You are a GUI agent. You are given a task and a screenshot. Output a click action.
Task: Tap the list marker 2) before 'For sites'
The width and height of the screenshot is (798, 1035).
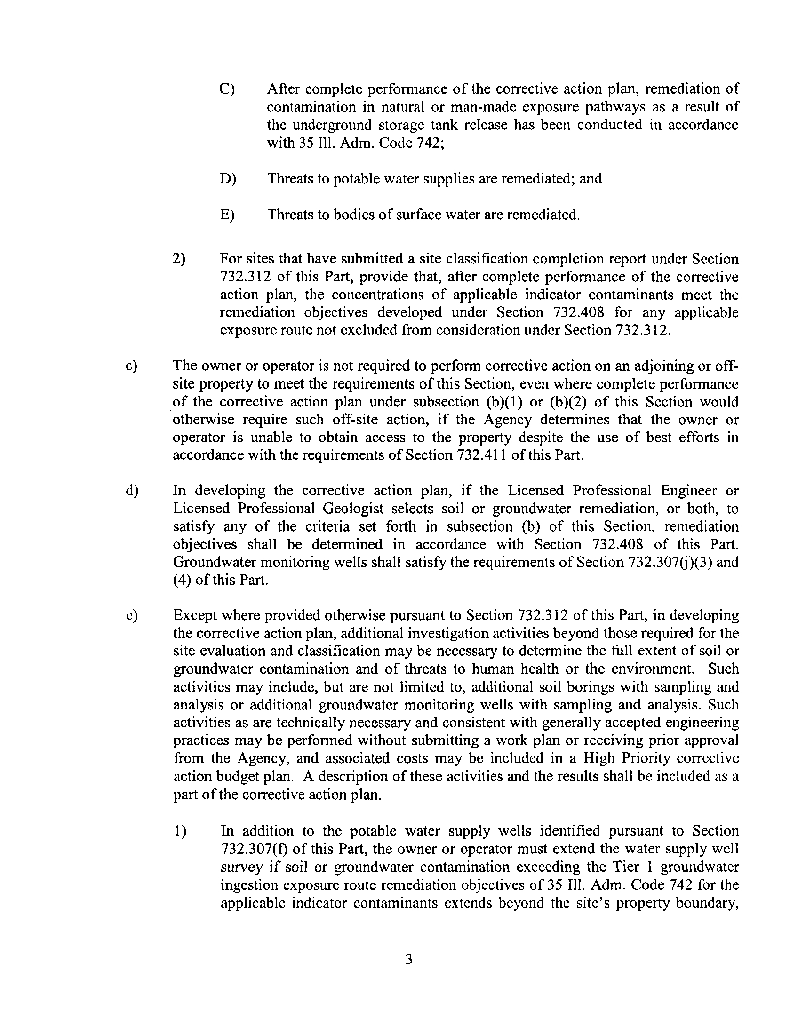(x=179, y=259)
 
